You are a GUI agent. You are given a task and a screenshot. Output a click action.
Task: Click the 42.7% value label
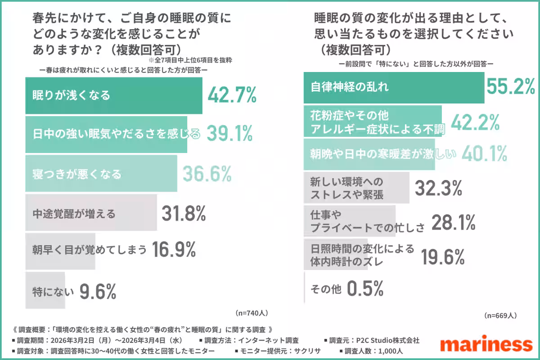coord(232,95)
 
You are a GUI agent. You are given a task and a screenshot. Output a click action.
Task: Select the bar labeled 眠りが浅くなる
coord(113,96)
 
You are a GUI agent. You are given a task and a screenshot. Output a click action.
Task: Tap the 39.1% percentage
coord(230,134)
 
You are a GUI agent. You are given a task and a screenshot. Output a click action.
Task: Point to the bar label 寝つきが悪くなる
coord(77,174)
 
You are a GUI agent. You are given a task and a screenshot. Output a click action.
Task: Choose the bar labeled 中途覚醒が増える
coord(74,213)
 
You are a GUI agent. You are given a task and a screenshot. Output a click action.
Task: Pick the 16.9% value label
coord(174,250)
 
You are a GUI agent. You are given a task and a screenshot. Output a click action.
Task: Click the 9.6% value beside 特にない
coord(98,292)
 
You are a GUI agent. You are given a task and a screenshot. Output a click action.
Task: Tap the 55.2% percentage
coord(511,87)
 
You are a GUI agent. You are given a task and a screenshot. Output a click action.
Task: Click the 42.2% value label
coord(475,122)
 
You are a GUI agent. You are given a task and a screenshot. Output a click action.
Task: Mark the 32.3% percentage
coord(438,188)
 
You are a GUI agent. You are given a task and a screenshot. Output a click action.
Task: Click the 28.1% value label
coord(454,222)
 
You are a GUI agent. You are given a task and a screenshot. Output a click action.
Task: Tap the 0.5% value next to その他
coord(365,288)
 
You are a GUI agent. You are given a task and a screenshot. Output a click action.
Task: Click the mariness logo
coord(486,344)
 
